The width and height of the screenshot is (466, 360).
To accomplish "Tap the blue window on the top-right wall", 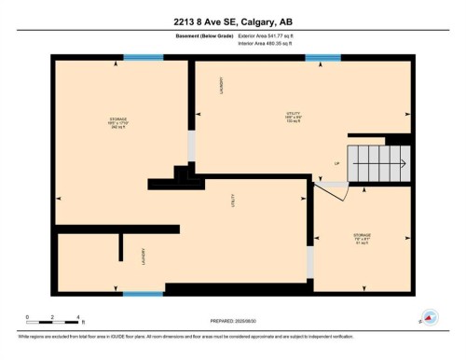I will [x=322, y=59].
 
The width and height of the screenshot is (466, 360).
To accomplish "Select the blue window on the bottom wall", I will [x=144, y=294].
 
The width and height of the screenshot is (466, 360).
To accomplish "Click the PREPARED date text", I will [x=233, y=320].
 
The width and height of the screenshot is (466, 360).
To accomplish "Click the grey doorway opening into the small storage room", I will [x=310, y=263].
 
